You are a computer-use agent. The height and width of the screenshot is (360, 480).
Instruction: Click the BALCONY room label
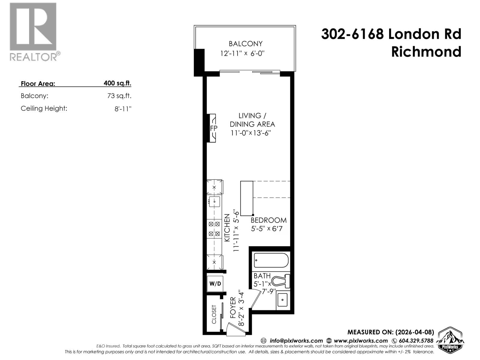245,44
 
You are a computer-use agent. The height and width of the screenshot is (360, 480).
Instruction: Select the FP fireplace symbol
213,128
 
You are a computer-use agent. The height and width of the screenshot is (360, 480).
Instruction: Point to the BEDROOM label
268,220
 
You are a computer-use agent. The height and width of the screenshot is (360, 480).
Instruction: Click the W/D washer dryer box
215,283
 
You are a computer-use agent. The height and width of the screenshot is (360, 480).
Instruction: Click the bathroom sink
282,299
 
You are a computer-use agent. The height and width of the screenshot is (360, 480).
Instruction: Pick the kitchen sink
214,202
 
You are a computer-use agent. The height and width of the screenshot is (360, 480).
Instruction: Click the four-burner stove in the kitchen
214,229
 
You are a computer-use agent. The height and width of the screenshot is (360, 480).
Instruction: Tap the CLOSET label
214,314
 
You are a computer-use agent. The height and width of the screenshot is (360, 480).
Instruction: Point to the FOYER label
233,308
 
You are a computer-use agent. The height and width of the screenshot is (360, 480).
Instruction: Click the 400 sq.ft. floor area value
117,83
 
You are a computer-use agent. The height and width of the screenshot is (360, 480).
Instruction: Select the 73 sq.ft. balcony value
119,96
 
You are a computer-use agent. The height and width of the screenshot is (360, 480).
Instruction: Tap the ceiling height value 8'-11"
123,109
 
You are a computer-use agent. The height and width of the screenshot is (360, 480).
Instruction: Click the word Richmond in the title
426,52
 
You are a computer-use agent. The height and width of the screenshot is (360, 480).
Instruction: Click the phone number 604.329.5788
416,341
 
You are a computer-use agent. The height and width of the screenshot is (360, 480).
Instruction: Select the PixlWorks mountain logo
451,339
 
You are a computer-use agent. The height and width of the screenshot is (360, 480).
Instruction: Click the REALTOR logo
34,31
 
